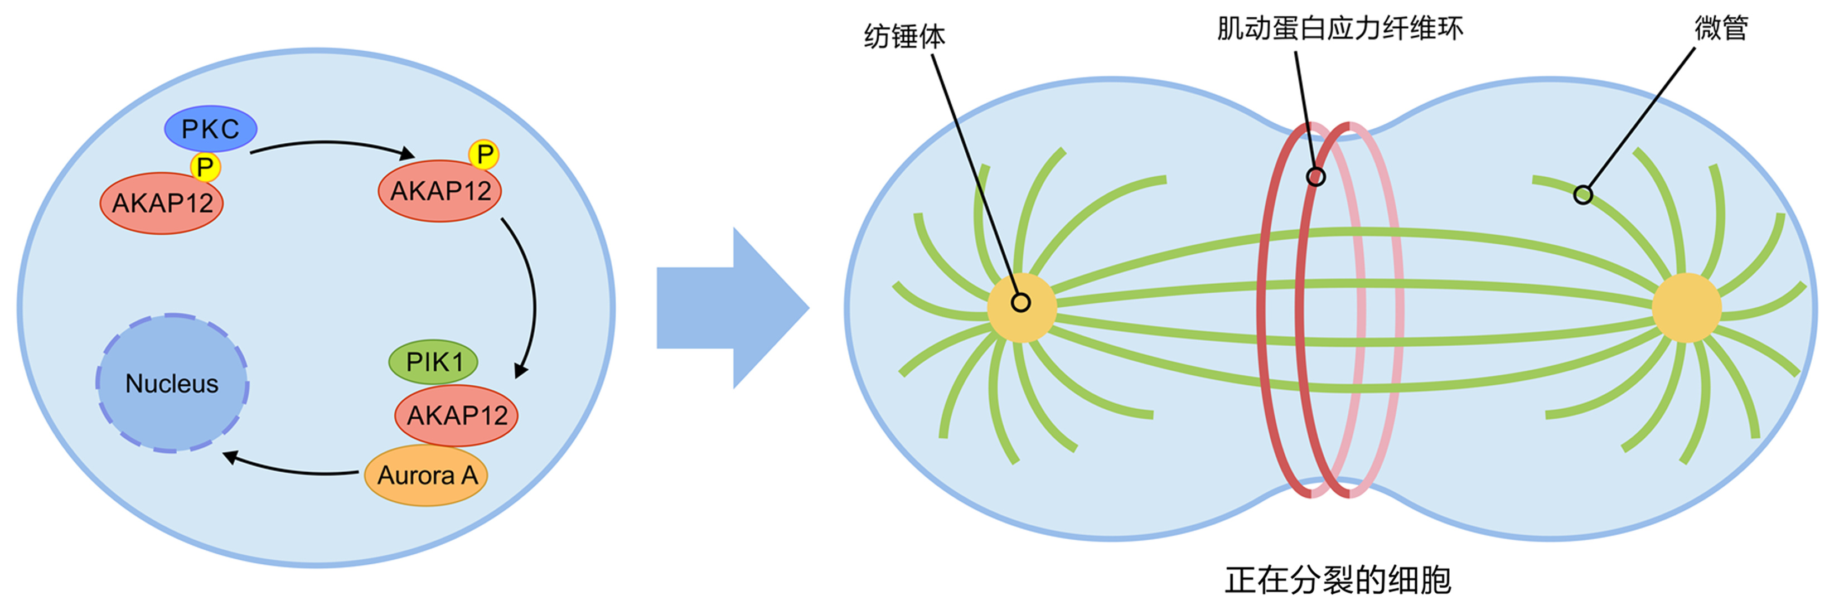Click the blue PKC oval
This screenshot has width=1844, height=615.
pos(210,129)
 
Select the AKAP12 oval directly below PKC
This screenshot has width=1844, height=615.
pos(162,204)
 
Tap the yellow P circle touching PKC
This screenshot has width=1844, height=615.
pos(205,167)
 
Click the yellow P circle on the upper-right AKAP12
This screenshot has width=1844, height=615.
pos(485,154)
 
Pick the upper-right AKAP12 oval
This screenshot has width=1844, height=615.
pos(439,191)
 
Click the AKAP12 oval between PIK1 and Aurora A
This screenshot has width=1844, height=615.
pos(457,415)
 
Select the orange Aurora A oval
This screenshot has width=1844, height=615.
pos(427,476)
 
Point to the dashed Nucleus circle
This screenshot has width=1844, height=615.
pos(172,383)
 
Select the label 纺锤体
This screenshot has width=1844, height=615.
pos(904,36)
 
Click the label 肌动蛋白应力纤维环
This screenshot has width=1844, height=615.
pos(1340,28)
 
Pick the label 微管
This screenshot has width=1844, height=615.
pos(1721,28)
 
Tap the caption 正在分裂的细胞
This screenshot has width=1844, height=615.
pos(1338,580)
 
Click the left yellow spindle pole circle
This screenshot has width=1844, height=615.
pos(1022,308)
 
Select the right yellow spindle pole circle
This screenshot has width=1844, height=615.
pos(1687,308)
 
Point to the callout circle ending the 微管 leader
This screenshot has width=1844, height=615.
pos(1582,195)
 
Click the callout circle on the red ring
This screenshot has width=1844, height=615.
pos(1316,176)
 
